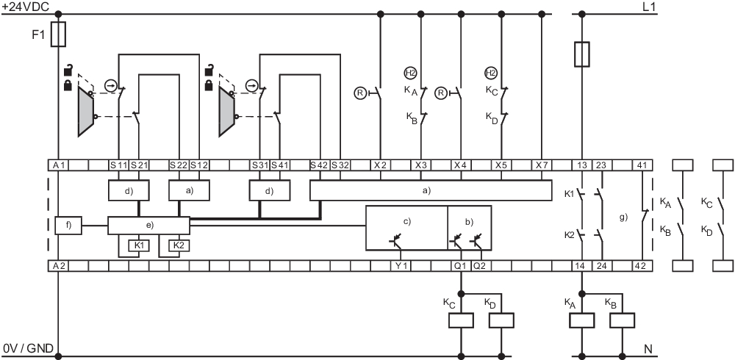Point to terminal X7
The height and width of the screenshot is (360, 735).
542,165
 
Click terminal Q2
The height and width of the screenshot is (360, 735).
479,265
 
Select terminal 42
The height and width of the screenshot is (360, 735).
641,265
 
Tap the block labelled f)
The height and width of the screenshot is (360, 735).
68,226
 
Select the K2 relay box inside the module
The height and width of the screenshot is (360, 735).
179,245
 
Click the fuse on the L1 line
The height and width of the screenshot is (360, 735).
582,54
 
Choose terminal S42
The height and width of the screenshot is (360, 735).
320,165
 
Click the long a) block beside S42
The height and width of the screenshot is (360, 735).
430,190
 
